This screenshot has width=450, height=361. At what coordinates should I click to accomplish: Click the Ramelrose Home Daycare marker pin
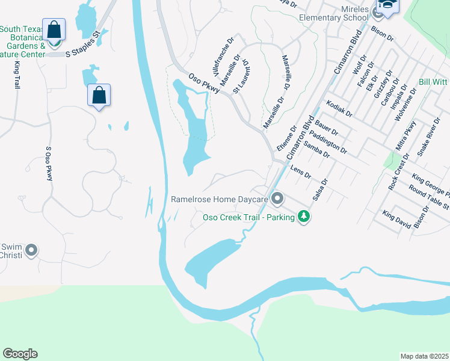coord(277,198)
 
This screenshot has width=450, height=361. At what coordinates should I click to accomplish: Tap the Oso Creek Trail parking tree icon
coord(304,216)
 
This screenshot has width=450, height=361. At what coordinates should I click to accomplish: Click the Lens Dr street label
coord(300,173)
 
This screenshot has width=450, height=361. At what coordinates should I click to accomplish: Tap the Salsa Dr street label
coord(319,190)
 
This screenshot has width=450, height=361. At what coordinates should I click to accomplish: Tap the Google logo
coord(20,354)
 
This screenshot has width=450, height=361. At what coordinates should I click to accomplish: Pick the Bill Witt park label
coord(434,81)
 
